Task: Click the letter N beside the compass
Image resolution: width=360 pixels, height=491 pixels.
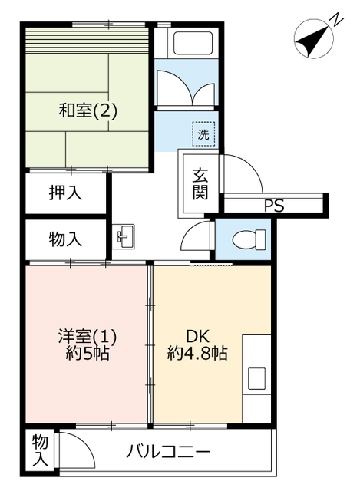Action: tap(337, 19)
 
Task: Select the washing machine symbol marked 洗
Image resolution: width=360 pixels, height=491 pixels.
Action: tap(203, 134)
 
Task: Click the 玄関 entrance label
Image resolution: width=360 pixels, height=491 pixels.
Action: tap(200, 183)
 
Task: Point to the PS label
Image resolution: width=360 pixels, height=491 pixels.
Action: tap(274, 206)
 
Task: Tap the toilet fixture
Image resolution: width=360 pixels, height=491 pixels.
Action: tap(249, 239)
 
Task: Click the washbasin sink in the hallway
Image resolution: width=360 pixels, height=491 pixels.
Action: tap(124, 236)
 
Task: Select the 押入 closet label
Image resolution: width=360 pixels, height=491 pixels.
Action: tap(65, 193)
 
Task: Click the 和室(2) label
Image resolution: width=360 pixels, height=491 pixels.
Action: tap(88, 110)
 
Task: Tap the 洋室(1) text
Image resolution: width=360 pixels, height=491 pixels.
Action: tap(88, 337)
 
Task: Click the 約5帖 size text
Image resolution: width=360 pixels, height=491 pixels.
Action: tap(88, 354)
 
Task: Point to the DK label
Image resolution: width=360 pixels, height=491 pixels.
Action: tap(198, 337)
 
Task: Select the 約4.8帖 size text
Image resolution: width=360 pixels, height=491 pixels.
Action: tap(197, 354)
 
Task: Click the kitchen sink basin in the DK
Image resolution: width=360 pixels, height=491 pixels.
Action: tap(256, 378)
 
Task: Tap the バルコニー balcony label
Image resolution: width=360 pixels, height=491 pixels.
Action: tap(168, 452)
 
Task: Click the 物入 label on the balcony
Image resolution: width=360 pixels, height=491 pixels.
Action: tap(41, 450)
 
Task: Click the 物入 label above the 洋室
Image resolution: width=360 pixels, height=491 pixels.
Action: tap(65, 240)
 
